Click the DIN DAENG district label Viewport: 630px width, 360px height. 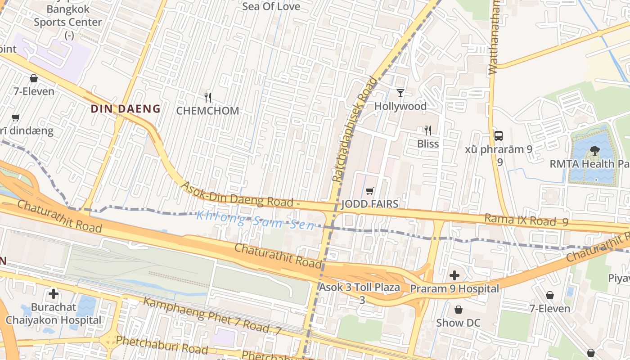pyautogui.click(x=126, y=108)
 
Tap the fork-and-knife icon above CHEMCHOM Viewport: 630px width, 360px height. pyautogui.click(x=208, y=97)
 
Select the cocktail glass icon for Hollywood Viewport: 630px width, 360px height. pyautogui.click(x=400, y=93)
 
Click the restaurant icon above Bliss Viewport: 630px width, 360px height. pyautogui.click(x=428, y=130)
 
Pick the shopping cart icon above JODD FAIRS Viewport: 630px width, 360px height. pyautogui.click(x=370, y=191)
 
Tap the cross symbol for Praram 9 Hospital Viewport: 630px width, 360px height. pyautogui.click(x=455, y=275)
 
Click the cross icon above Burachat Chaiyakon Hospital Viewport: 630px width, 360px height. pyautogui.click(x=54, y=294)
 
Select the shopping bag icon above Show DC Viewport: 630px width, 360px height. pyautogui.click(x=458, y=310)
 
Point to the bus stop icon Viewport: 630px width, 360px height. pyautogui.click(x=499, y=135)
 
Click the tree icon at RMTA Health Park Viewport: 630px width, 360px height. pyautogui.click(x=595, y=151)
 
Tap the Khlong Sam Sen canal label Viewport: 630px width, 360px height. pyautogui.click(x=255, y=220)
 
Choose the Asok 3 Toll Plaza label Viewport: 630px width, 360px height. pyautogui.click(x=360, y=288)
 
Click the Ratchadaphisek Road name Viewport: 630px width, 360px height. pyautogui.click(x=355, y=130)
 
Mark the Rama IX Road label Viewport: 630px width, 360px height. pyautogui.click(x=520, y=220)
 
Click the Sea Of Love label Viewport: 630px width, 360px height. pyautogui.click(x=271, y=6)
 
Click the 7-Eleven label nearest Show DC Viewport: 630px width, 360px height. pyautogui.click(x=550, y=308)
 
